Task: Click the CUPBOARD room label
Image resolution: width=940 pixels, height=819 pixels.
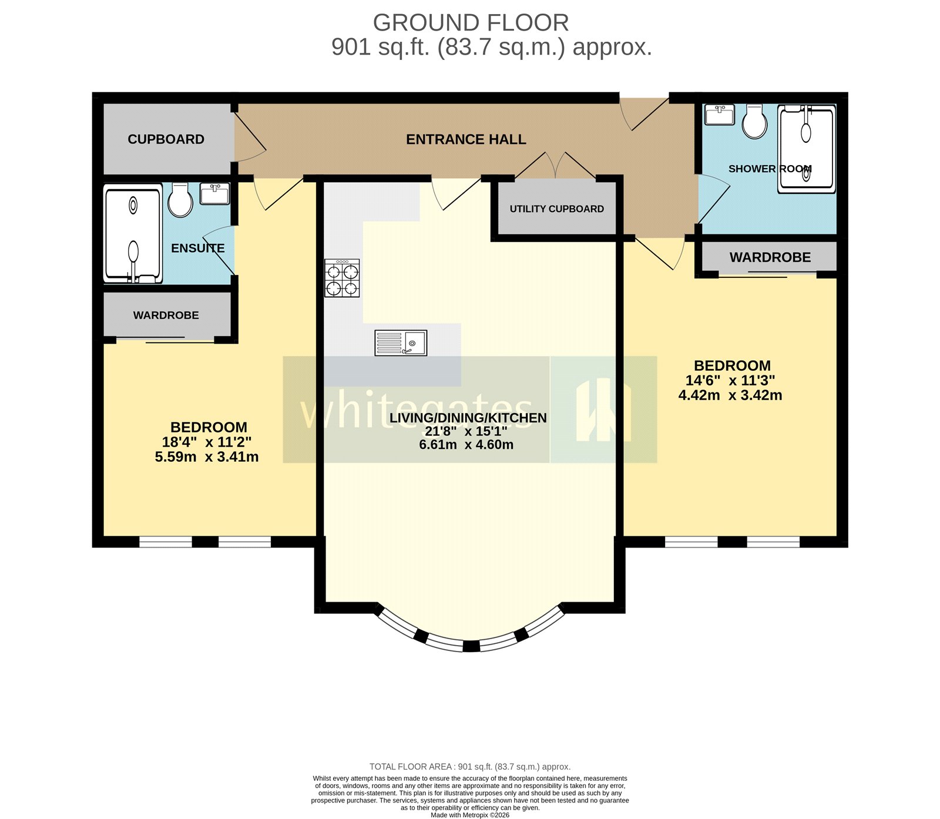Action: point(166,139)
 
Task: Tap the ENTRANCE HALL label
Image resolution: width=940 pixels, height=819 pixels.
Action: point(466,139)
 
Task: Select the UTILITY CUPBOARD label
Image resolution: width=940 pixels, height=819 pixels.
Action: point(556,209)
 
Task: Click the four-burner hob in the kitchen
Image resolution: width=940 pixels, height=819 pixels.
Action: point(342,278)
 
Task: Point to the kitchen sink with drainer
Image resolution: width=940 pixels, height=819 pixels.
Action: point(401,343)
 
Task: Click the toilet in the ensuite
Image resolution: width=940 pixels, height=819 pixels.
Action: point(180,200)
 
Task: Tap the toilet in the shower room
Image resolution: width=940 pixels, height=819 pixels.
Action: point(754,122)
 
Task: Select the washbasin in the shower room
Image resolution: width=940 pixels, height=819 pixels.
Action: point(719,115)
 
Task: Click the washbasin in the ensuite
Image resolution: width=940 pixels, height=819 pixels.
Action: point(214,193)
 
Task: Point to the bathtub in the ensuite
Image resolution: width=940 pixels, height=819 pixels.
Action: point(133,234)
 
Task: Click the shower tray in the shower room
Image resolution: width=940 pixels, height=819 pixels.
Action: point(806,149)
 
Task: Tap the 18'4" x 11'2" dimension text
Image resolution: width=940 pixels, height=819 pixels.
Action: point(207,442)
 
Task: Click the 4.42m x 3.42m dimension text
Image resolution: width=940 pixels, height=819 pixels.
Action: point(730,395)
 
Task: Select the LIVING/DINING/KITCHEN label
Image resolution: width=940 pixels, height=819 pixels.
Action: point(468,418)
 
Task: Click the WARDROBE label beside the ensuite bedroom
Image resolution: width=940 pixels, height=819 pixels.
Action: point(166,315)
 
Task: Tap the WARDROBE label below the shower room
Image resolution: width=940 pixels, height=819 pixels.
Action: point(770,257)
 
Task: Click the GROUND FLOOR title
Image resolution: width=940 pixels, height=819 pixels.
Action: point(471,23)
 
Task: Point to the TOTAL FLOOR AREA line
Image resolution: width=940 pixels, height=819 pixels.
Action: point(470,767)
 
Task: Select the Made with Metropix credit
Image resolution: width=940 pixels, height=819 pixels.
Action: point(470,815)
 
